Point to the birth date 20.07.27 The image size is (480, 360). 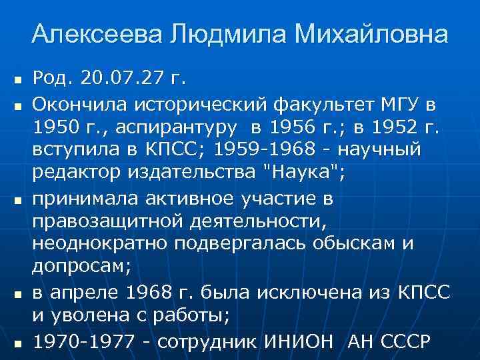tap(122, 79)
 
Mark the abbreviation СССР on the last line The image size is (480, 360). tap(405, 341)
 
